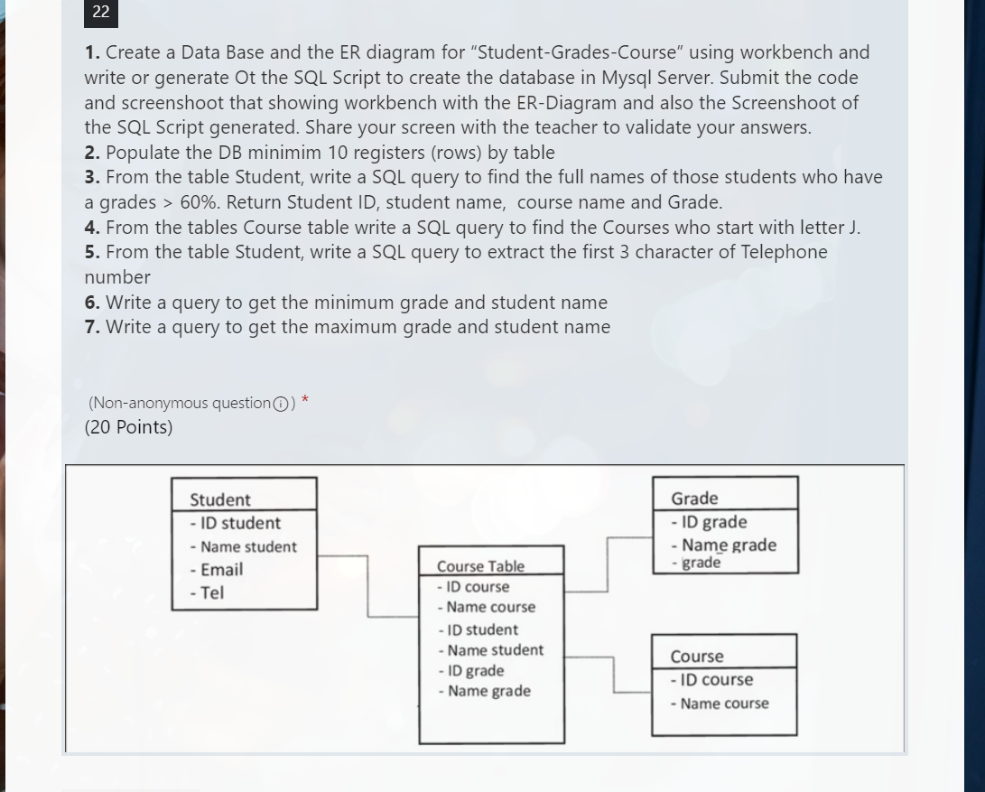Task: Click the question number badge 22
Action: [100, 13]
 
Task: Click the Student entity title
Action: [220, 499]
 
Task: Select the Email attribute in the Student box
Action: [217, 570]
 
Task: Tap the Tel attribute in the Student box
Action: [208, 593]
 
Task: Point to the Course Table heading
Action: [480, 566]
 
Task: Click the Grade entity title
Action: [694, 498]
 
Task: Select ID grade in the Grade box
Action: [710, 522]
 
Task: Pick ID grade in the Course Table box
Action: [471, 671]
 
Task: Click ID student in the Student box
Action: [236, 523]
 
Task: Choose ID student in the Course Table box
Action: [479, 629]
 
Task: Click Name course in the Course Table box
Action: [488, 607]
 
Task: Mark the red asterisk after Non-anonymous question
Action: [305, 400]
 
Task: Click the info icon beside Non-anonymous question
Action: [282, 404]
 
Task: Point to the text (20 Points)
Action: [128, 427]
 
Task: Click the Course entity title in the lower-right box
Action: [697, 657]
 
